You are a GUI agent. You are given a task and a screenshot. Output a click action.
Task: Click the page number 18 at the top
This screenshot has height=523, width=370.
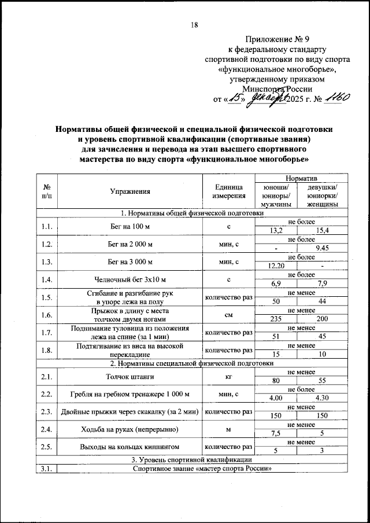pos(194,24)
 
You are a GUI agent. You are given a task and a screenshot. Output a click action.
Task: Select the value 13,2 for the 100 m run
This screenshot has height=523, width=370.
pos(279,231)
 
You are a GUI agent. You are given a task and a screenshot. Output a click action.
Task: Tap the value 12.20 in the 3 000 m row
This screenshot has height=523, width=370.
pos(279,267)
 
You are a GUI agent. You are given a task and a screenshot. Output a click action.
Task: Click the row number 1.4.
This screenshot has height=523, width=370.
pos(47,280)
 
